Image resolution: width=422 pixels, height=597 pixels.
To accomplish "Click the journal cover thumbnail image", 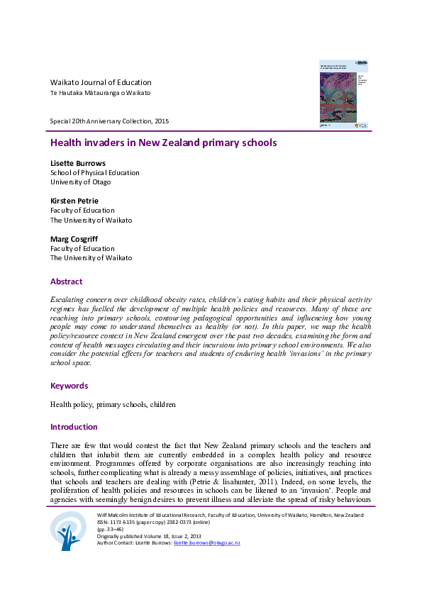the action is (x=343, y=94).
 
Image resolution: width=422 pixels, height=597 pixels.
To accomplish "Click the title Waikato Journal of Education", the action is (x=100, y=82).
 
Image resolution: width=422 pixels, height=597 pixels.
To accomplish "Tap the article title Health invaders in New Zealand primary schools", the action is (x=162, y=143).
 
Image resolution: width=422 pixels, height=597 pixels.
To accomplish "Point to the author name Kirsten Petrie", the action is (x=74, y=201).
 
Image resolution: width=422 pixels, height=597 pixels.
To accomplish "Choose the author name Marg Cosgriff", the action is (x=74, y=239).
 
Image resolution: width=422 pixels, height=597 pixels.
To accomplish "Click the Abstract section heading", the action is (x=66, y=281).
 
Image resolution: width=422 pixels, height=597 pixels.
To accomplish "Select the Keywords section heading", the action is (x=69, y=386).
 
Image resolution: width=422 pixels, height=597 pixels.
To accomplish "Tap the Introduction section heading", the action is (x=74, y=427).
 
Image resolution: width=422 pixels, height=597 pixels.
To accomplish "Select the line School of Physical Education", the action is (x=94, y=172).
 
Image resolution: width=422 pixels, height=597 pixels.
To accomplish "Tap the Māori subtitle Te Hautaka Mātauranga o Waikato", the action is (x=99, y=94).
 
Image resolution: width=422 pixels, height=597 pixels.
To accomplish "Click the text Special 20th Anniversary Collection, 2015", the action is (x=109, y=121).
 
